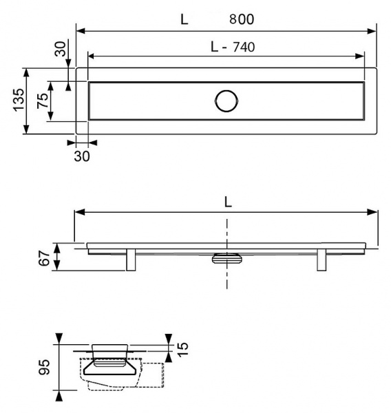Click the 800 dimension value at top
(242, 19)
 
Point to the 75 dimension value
(43, 100)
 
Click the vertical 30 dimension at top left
(60, 50)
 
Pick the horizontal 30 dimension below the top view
(82, 156)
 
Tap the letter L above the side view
(227, 201)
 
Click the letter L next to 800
(184, 19)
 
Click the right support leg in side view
(321, 260)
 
